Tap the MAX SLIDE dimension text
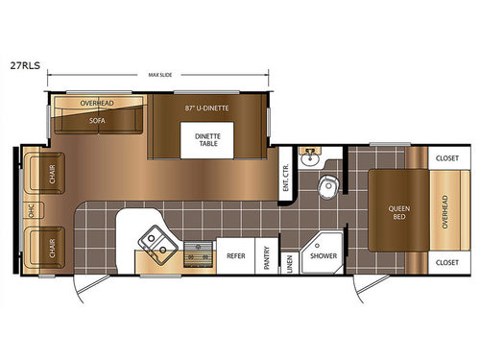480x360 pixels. tap(160, 75)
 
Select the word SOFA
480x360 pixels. tap(97, 121)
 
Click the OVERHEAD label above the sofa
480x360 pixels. tap(97, 102)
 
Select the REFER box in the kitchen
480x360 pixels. tap(235, 256)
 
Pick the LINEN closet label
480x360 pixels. tap(290, 260)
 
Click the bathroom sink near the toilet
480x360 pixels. tap(309, 159)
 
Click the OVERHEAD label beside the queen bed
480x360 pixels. tap(444, 209)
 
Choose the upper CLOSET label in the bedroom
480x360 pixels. tap(446, 157)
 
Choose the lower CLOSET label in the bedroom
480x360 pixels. tap(446, 260)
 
